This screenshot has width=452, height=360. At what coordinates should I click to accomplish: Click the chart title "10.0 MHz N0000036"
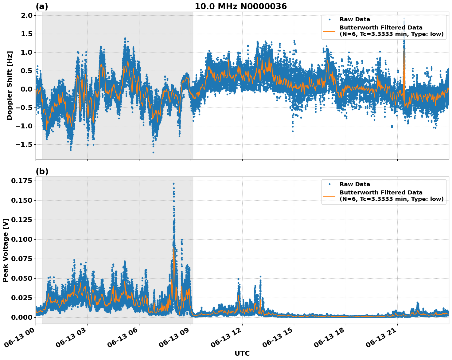(x=241, y=6)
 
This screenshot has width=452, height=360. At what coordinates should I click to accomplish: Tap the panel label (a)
(x=42, y=6)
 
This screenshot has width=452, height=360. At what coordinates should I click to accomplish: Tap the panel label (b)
(x=42, y=171)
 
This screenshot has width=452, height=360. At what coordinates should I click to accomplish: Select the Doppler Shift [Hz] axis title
(x=10, y=85)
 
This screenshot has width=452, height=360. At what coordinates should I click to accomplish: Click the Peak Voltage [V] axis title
(x=6, y=250)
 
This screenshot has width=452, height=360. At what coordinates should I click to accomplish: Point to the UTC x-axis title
(x=242, y=353)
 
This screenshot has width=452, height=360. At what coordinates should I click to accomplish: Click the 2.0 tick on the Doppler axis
(x=26, y=16)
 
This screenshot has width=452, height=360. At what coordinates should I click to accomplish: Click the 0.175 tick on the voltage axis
(x=21, y=181)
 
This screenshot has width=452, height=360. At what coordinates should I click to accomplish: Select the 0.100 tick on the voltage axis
(x=21, y=239)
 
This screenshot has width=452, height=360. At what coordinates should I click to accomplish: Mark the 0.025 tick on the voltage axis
(x=21, y=298)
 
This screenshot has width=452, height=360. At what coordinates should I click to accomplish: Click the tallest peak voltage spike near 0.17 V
(x=173, y=184)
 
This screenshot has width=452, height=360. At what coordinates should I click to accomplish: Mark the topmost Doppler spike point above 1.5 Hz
(x=404, y=18)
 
